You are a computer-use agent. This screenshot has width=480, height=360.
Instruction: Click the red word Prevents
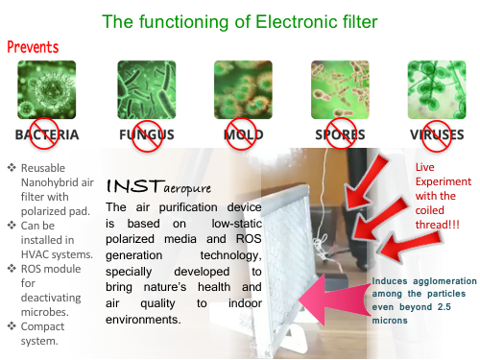[33, 47]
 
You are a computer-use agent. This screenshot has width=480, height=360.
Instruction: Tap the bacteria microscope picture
[47, 89]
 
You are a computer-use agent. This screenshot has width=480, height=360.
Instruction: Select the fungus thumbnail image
[147, 89]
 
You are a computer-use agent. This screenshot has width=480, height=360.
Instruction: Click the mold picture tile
[243, 89]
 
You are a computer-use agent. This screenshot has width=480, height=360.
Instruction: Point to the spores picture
[340, 89]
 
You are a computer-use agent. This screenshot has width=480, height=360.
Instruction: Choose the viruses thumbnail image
[437, 89]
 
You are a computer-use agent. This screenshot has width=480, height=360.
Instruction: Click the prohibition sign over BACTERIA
[44, 133]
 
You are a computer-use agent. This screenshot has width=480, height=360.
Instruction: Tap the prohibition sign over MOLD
[241, 133]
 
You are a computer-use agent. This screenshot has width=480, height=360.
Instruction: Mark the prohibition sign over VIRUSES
[436, 135]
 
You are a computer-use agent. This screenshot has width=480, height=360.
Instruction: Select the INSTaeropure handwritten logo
[158, 186]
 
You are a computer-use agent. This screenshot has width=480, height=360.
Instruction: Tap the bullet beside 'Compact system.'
[12, 326]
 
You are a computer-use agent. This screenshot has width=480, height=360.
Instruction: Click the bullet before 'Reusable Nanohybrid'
[12, 167]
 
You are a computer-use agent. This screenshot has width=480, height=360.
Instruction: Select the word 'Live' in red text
[425, 167]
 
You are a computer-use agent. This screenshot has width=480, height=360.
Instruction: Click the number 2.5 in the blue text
[444, 307]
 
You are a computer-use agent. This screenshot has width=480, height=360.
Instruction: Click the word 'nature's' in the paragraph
[165, 287]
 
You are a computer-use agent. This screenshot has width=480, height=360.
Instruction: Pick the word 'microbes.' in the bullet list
[45, 312]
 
